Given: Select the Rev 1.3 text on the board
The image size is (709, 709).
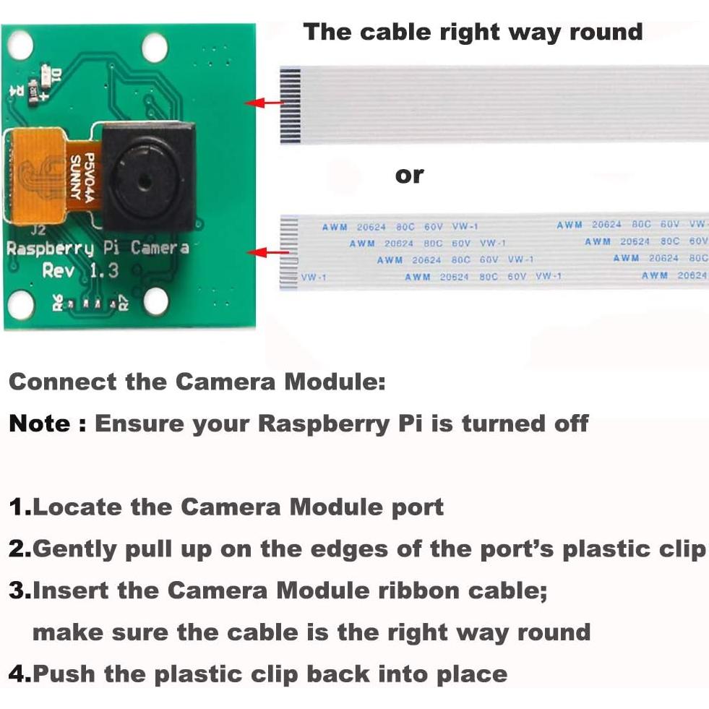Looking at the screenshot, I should point(80,271).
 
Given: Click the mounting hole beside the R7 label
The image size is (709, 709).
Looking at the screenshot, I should point(157,301).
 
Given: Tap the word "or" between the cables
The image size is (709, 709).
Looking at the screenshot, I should point(409,175).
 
